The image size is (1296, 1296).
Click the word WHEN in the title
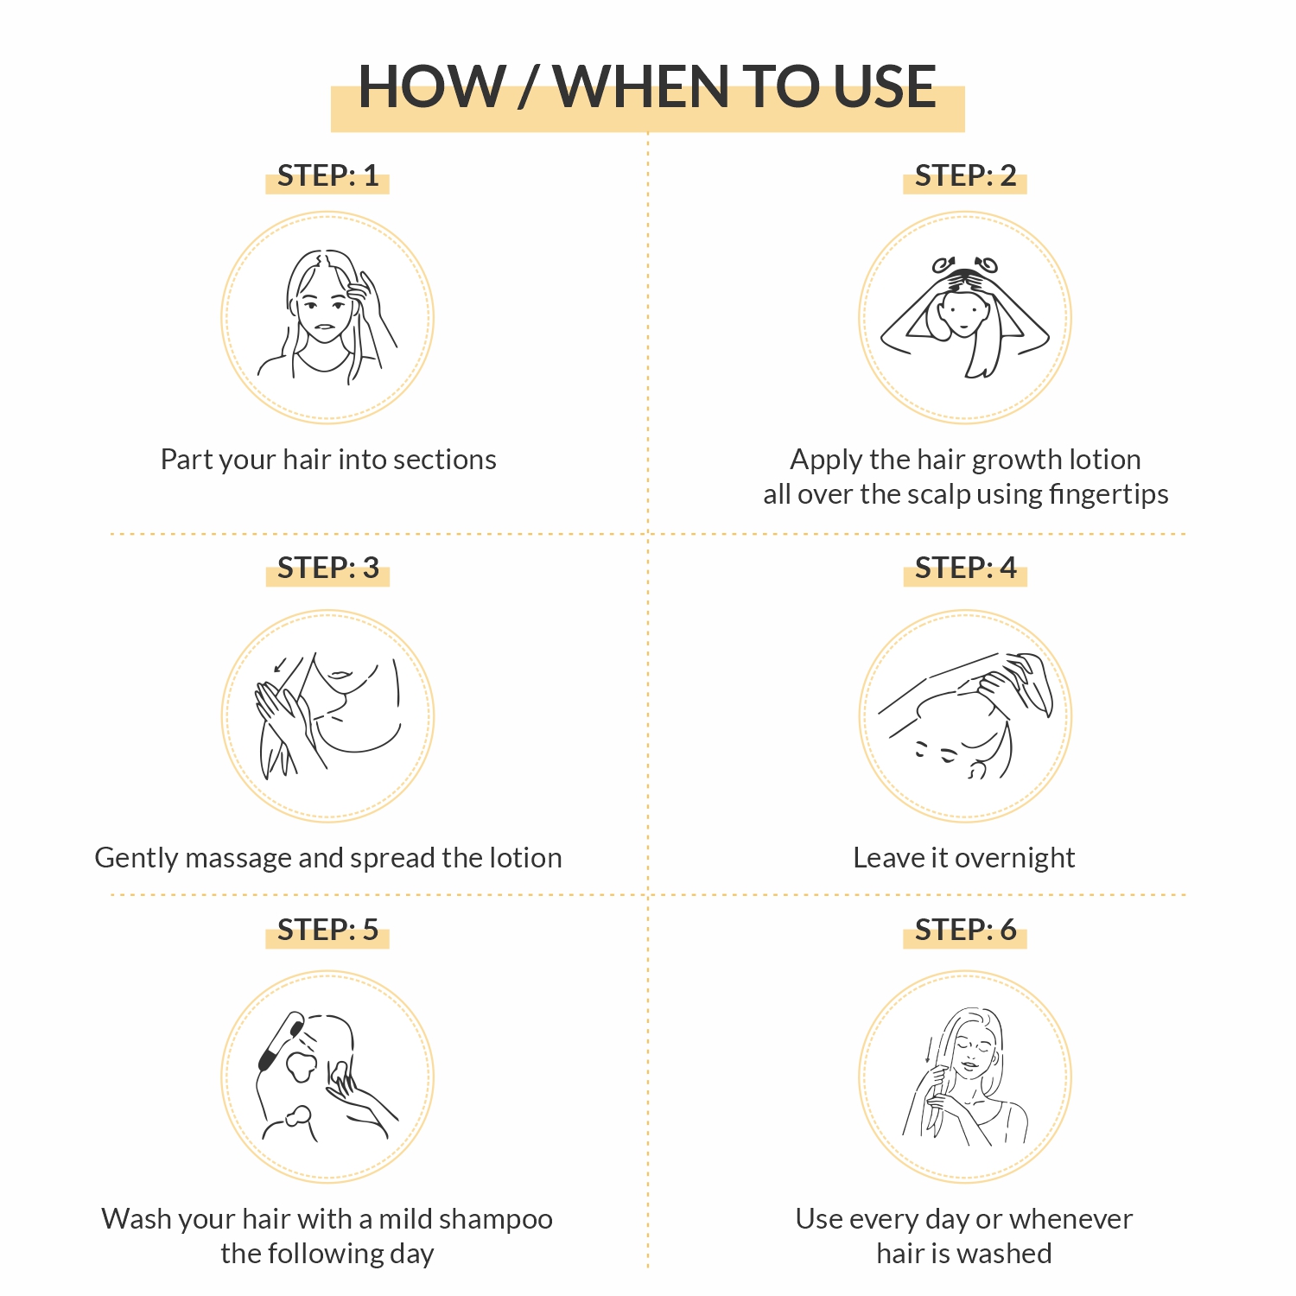641,87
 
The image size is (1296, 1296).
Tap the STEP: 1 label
327,176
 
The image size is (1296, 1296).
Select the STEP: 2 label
965,176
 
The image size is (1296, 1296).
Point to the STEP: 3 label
327,569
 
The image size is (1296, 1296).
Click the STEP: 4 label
965,569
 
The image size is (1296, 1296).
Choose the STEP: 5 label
327,931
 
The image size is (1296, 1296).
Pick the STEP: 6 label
965,931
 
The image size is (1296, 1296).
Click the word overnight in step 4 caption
1015,858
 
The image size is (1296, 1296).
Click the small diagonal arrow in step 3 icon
280,664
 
